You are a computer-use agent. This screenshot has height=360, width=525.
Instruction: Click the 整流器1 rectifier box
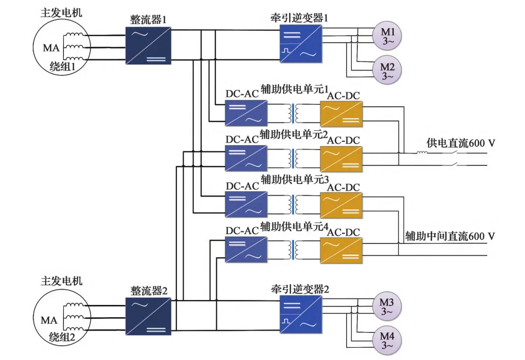coord(148,45)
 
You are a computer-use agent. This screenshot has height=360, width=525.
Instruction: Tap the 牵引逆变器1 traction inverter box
coord(301,44)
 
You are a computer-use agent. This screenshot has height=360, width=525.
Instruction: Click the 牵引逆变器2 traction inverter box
coord(301,315)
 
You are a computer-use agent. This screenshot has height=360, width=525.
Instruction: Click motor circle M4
coord(388,339)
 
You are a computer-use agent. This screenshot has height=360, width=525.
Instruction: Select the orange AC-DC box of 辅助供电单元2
coord(341,158)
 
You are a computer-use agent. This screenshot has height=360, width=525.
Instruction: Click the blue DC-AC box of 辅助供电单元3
coord(246,205)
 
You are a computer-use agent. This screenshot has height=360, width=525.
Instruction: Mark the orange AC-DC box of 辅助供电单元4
coord(341,249)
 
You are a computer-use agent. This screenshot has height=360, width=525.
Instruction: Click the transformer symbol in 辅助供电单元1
coord(293,113)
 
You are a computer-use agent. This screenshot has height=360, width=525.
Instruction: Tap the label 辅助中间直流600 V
coord(449,236)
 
